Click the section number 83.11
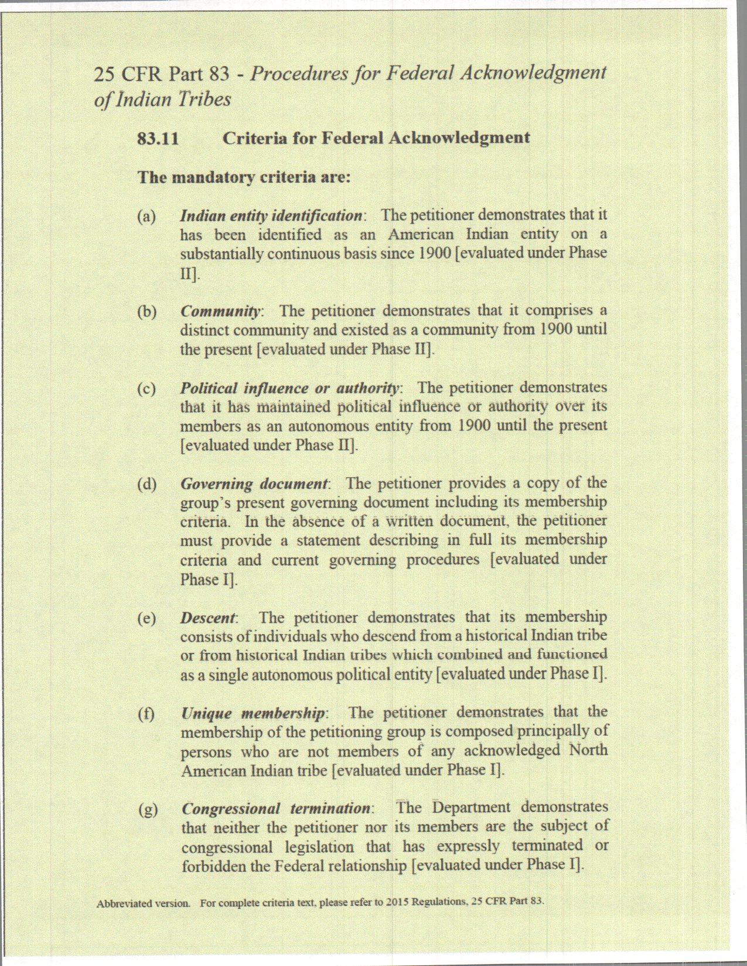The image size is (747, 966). pos(158,139)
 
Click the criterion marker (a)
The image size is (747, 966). pos(146,216)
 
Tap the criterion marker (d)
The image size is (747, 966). pos(146,484)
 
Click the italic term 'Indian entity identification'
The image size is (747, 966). pos(271,216)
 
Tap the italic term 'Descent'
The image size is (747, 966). pos(208,618)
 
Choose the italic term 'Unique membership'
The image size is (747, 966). pos(254,714)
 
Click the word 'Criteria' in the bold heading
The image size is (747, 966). pos(255,138)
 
